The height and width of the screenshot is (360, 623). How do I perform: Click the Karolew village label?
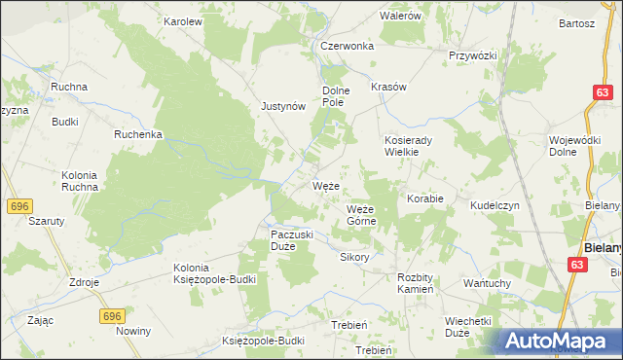pos(182,20)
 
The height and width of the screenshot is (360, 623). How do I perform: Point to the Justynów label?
pos(283,107)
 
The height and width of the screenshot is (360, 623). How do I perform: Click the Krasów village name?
pos(388,87)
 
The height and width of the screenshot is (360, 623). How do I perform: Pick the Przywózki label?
pos(473,55)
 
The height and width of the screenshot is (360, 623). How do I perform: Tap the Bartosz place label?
pos(576,23)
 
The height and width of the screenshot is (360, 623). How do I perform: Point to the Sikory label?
pos(354,258)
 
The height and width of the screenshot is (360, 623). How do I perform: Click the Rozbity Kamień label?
pos(421,283)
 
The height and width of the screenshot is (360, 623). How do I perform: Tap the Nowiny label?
pos(133,332)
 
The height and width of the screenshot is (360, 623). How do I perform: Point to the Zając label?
pos(41,319)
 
